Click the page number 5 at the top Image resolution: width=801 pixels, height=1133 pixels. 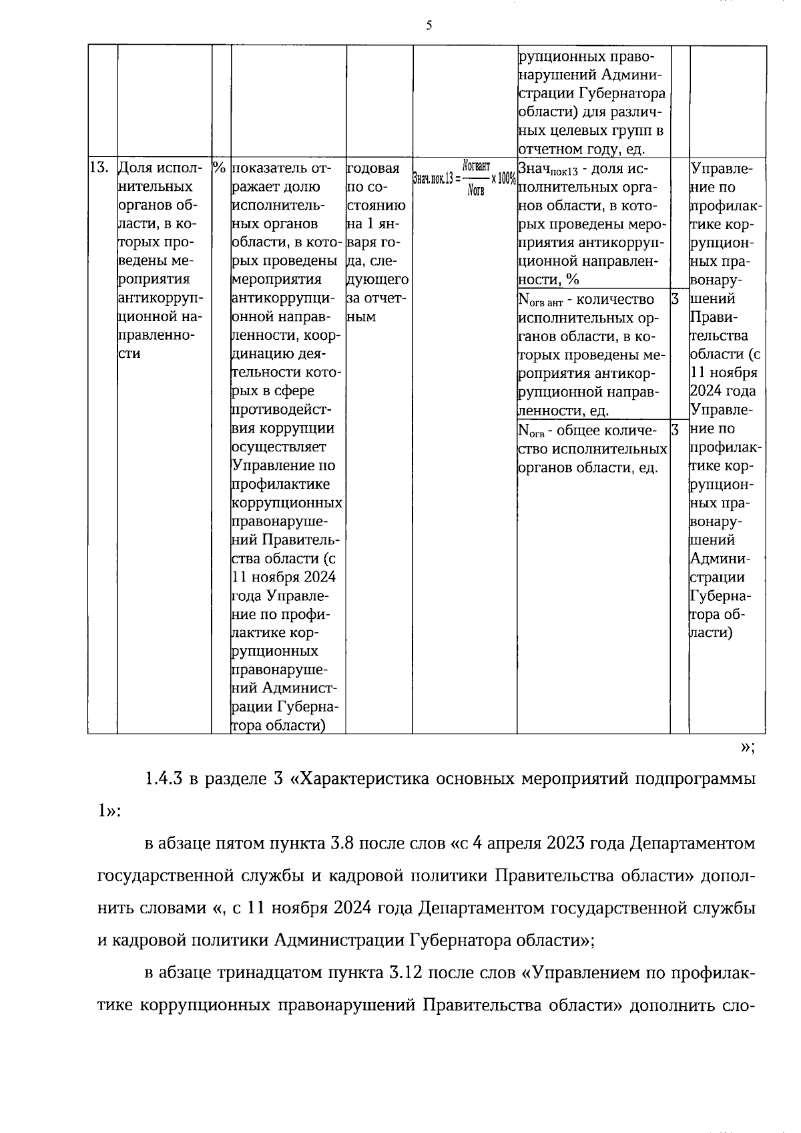click(429, 26)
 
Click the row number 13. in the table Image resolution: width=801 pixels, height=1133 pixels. click(99, 168)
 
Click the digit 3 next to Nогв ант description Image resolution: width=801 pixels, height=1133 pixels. click(676, 298)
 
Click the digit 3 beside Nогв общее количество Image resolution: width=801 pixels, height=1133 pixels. click(676, 429)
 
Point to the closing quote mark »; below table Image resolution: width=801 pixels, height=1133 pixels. click(748, 748)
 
